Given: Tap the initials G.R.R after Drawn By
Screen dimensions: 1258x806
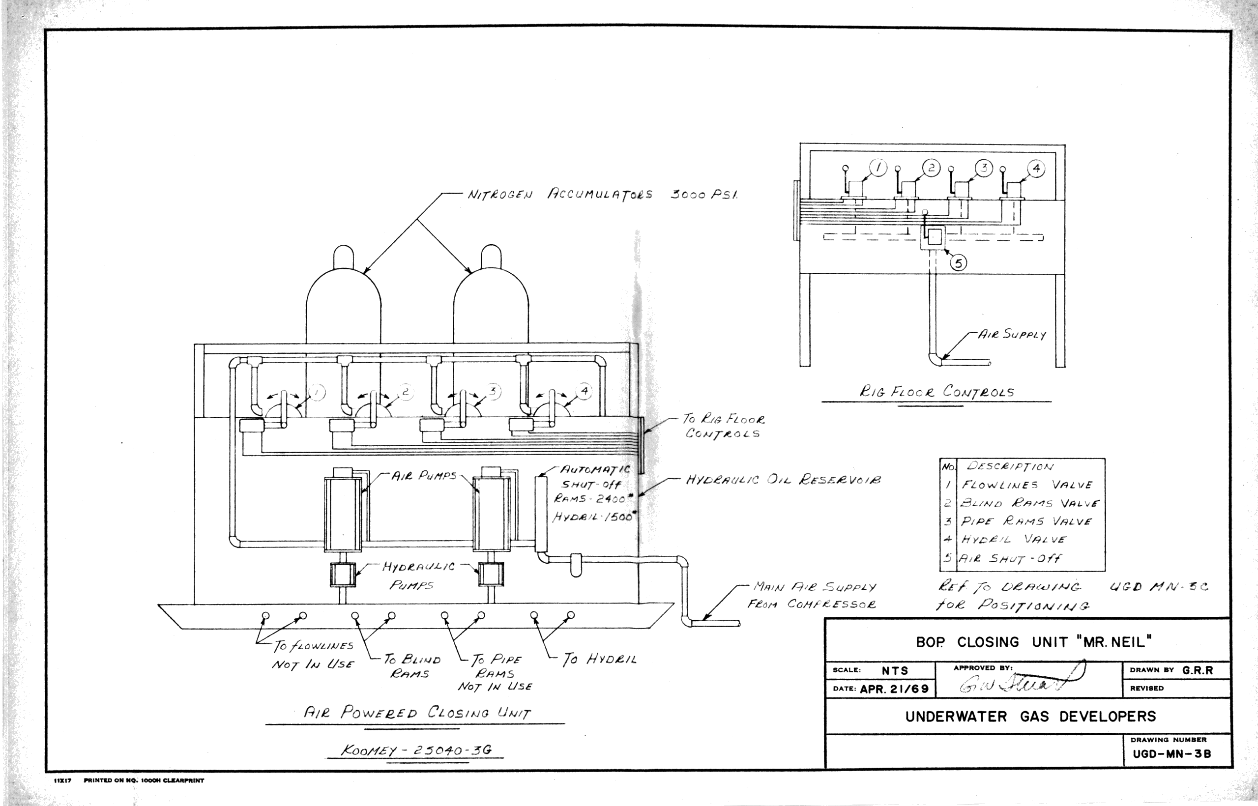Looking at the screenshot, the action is pyautogui.click(x=1198, y=670).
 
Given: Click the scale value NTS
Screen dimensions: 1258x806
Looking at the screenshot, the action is pyautogui.click(x=895, y=670).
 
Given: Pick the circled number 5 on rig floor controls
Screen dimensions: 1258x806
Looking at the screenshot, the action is pyautogui.click(x=959, y=263).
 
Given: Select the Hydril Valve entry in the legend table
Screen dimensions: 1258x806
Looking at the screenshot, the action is pyautogui.click(x=1013, y=539).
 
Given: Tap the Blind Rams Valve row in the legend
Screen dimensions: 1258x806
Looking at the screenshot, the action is pyautogui.click(x=1029, y=503).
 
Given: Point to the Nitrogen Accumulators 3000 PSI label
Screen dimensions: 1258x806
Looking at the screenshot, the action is pyautogui.click(x=602, y=195).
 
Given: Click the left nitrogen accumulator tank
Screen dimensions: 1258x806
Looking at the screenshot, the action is pyautogui.click(x=344, y=304).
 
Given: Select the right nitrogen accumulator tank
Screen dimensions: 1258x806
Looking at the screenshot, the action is pyautogui.click(x=491, y=304).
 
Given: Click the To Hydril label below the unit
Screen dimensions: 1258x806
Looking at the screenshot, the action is pyautogui.click(x=599, y=660).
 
